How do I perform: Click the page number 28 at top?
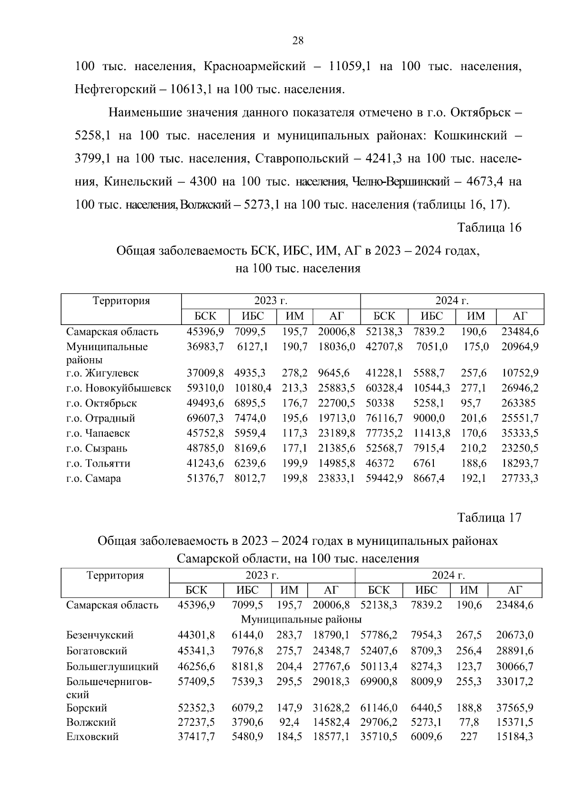click(298, 41)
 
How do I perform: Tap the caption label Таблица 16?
click(489, 228)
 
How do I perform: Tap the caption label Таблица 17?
click(489, 518)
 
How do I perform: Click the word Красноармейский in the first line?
click(255, 67)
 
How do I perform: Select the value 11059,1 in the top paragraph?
click(349, 67)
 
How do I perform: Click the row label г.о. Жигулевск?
click(102, 373)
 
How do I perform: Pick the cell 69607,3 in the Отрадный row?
click(205, 418)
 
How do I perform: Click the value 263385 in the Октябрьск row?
click(519, 403)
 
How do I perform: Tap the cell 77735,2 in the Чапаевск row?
click(384, 434)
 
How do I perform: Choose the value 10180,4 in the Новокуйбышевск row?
click(253, 388)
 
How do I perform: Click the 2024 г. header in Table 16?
click(452, 301)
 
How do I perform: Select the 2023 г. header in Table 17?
click(262, 576)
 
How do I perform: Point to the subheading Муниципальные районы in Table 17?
click(301, 620)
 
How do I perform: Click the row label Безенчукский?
click(100, 635)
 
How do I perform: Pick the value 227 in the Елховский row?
click(468, 737)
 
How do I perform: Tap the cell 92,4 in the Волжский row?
click(289, 723)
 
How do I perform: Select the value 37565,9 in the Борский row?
click(514, 708)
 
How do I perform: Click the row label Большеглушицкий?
click(112, 667)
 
